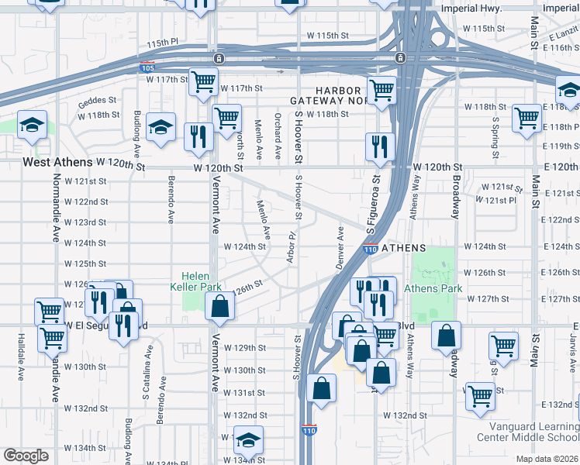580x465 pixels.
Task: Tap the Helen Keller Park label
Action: tap(201, 281)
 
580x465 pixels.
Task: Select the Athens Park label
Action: tap(433, 288)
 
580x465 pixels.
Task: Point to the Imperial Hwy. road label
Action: tap(471, 9)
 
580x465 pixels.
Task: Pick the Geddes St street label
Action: tap(97, 100)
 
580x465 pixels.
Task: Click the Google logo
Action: tap(26, 456)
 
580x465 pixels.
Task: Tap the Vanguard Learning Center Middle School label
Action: tap(533, 432)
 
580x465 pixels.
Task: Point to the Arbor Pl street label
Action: tap(292, 246)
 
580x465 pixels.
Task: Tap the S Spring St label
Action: tap(495, 133)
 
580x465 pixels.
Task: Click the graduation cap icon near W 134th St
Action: tap(248, 440)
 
